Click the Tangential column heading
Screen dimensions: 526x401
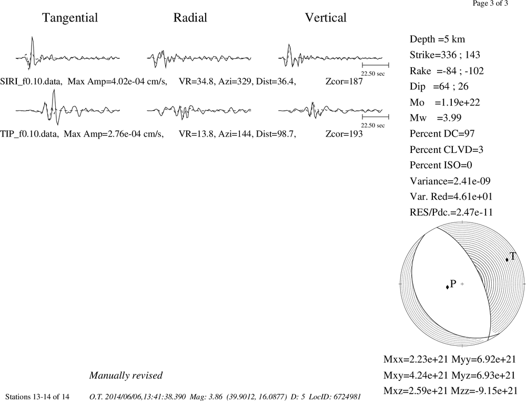pyautogui.click(x=70, y=18)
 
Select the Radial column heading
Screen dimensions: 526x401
pyautogui.click(x=190, y=17)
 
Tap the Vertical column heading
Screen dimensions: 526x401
pyautogui.click(x=326, y=17)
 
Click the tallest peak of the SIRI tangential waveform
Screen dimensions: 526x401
pyautogui.click(x=32, y=37)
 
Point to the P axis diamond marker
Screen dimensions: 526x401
pyautogui.click(x=447, y=286)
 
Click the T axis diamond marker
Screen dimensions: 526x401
pyautogui.click(x=507, y=260)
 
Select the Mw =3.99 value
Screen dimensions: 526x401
pyautogui.click(x=436, y=118)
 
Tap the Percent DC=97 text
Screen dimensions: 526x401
pyautogui.click(x=442, y=134)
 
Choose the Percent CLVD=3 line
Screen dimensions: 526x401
pyautogui.click(x=446, y=150)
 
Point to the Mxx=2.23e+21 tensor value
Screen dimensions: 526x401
pyautogui.click(x=416, y=359)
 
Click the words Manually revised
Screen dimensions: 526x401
pyautogui.click(x=126, y=376)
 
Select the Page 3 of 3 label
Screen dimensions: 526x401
pyautogui.click(x=490, y=4)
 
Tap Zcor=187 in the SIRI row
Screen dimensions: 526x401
pyautogui.click(x=344, y=81)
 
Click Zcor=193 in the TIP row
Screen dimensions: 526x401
pyautogui.click(x=344, y=134)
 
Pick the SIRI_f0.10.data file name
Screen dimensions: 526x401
pyautogui.click(x=31, y=82)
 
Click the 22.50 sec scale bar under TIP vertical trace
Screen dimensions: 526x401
pyautogui.click(x=376, y=117)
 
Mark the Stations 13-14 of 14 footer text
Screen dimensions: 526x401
pyautogui.click(x=37, y=397)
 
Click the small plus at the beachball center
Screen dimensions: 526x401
pyautogui.click(x=462, y=284)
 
